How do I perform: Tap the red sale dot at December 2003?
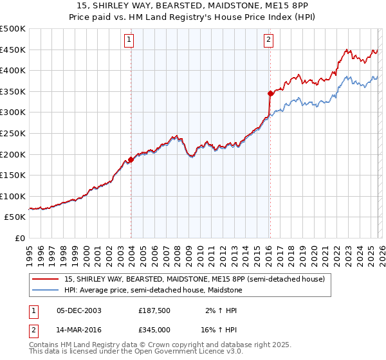[x=131, y=159]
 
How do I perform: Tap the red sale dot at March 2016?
[x=270, y=93]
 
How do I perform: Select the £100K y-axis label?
[x=13, y=196]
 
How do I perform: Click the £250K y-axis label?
[x=13, y=133]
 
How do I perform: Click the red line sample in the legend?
[x=46, y=279]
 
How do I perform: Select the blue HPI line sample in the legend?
[x=46, y=290]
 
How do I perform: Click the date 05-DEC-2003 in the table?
[x=78, y=310]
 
